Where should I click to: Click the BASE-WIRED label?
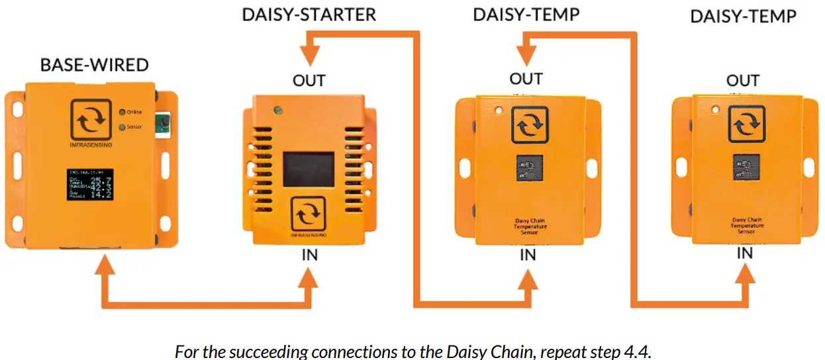[94, 65]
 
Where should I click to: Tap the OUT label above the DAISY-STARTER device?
[309, 81]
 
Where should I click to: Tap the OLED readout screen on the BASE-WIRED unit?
[91, 184]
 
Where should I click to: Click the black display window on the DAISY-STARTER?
[309, 169]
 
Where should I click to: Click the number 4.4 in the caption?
[634, 350]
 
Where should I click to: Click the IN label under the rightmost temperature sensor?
[744, 253]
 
